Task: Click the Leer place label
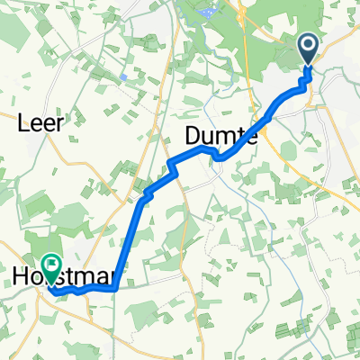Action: tap(41, 125)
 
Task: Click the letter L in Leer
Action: tap(23, 125)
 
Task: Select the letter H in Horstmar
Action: tap(22, 280)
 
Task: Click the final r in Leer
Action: tap(59, 125)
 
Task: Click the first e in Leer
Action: tap(36, 126)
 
